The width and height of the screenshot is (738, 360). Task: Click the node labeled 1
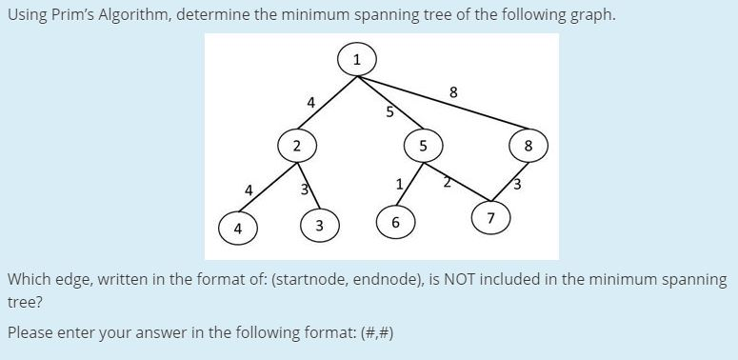pyautogui.click(x=357, y=60)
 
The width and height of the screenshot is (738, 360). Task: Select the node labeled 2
pyautogui.click(x=297, y=147)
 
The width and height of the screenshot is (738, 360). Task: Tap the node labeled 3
pyautogui.click(x=320, y=226)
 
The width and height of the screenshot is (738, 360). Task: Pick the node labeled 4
pyautogui.click(x=238, y=229)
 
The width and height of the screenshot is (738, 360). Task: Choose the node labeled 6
pyautogui.click(x=395, y=224)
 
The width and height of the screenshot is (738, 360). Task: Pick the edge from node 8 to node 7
pyautogui.click(x=510, y=182)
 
